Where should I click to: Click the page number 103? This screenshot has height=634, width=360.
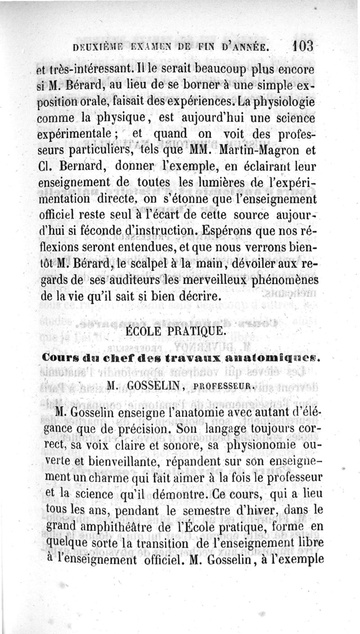[305, 47]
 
